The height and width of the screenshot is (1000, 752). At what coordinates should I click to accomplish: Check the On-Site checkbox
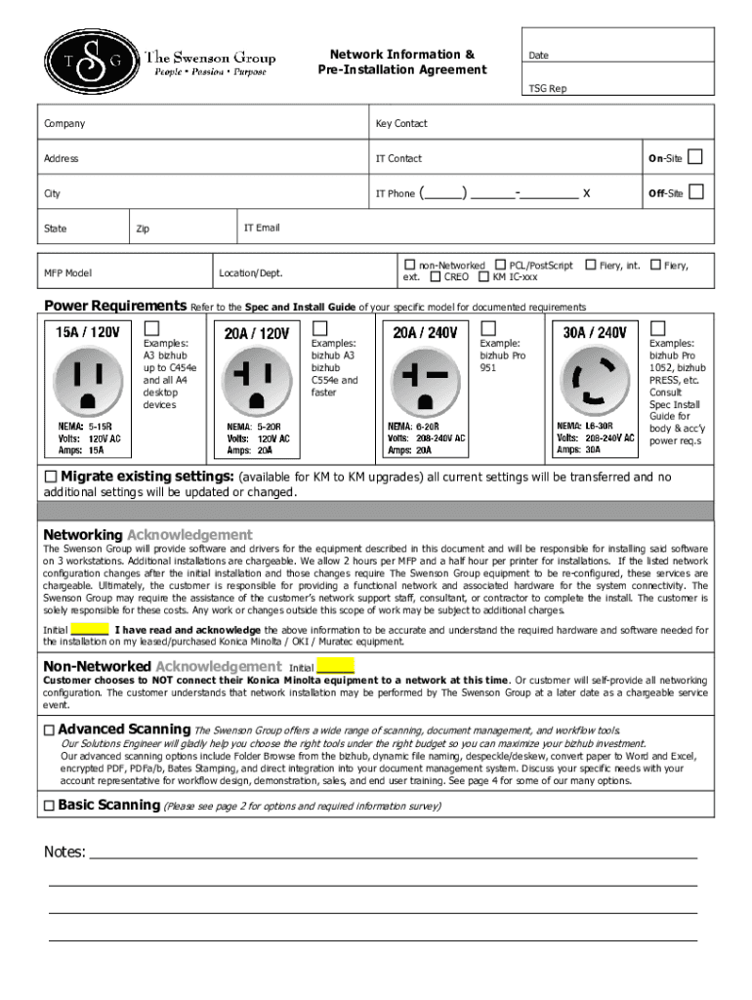695,157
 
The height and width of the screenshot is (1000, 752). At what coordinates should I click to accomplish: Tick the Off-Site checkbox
695,192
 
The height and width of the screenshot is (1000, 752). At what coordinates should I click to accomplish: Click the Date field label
538,56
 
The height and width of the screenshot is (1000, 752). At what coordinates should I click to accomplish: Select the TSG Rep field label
547,89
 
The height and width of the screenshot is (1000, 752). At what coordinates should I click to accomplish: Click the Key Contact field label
401,124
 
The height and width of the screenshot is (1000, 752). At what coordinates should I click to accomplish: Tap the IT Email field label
261,228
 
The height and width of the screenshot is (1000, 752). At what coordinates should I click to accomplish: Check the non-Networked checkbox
410,265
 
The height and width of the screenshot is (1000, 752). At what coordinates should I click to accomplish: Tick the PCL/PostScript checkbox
500,265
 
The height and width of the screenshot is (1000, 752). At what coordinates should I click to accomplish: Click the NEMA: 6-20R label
413,427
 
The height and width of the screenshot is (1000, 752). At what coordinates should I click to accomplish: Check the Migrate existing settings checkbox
51,477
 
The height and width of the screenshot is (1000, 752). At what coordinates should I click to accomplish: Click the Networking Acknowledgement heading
147,535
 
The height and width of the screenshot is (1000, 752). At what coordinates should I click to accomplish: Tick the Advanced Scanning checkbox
49,730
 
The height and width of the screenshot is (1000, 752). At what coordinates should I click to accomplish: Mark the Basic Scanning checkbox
49,806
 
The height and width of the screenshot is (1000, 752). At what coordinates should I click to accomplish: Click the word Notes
64,853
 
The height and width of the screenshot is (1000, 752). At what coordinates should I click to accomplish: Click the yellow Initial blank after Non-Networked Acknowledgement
335,667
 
